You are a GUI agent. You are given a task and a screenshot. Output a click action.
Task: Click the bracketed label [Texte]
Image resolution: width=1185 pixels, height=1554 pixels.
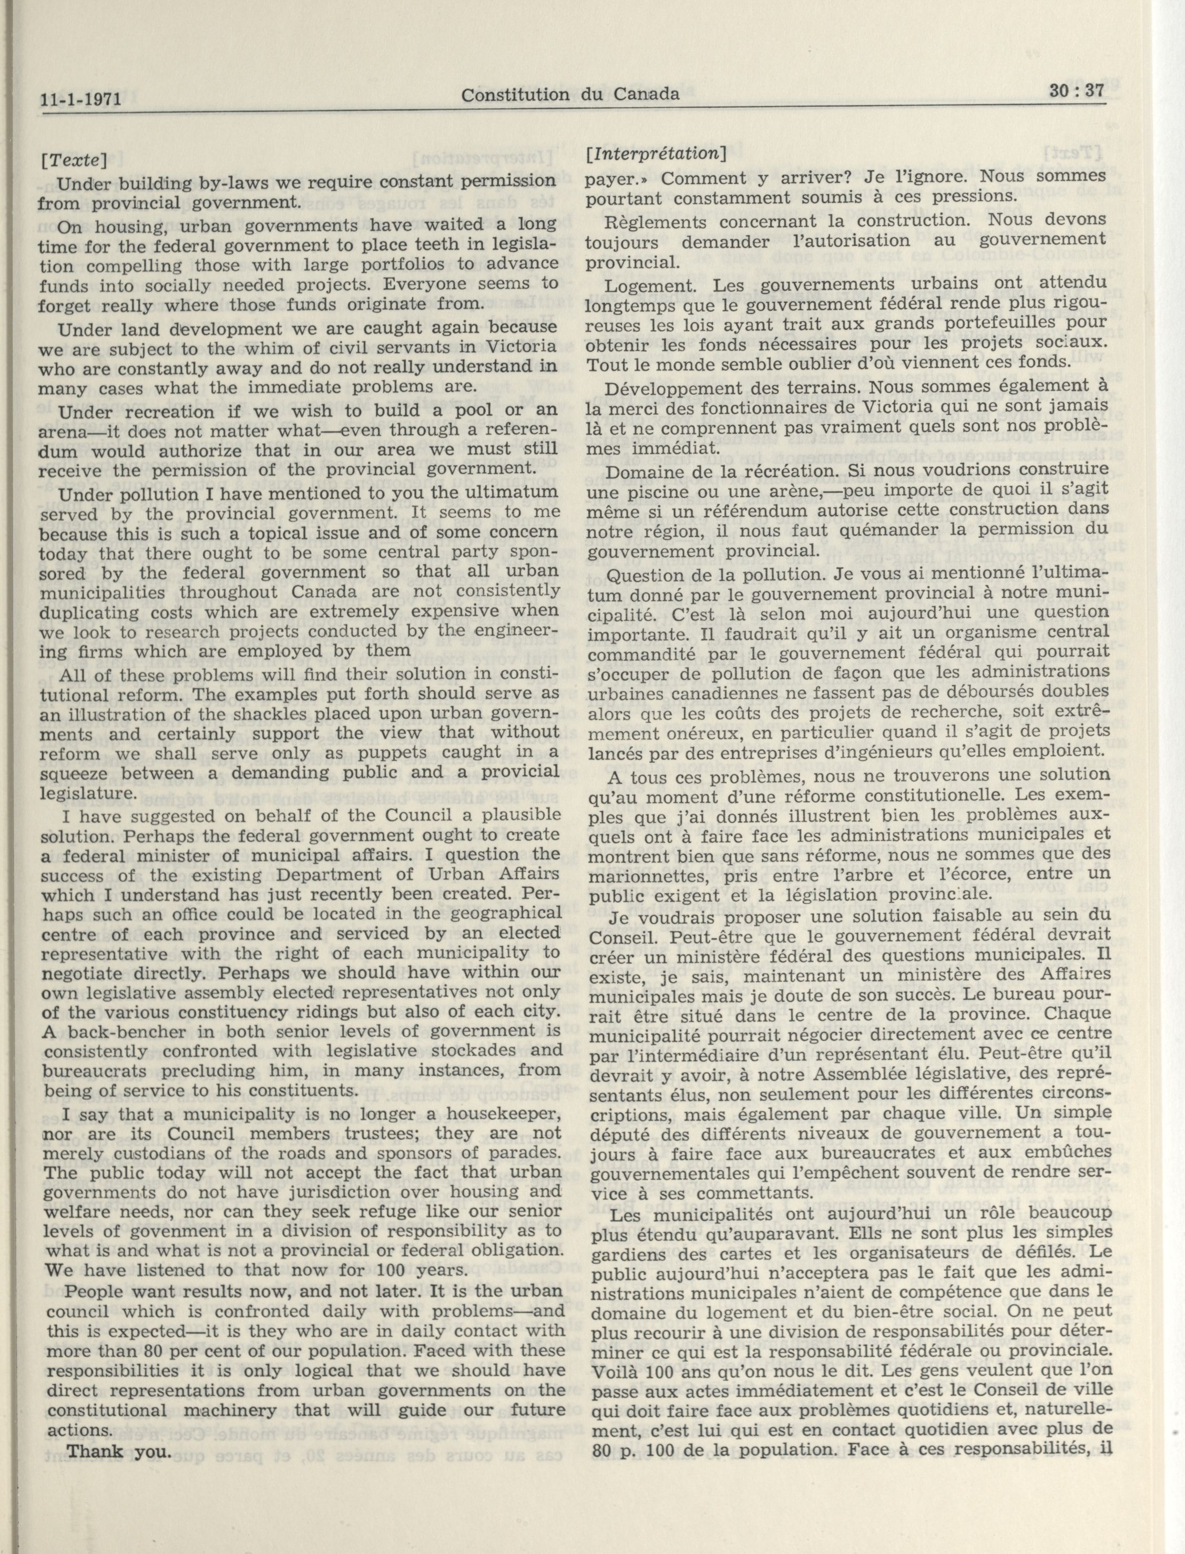click(x=74, y=161)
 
